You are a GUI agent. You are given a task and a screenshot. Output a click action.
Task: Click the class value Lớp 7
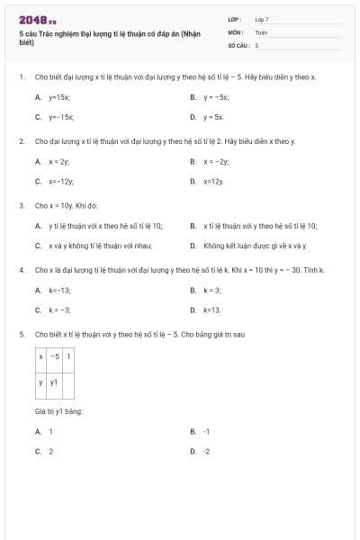click(x=262, y=19)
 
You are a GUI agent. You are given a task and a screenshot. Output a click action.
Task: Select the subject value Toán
click(x=261, y=31)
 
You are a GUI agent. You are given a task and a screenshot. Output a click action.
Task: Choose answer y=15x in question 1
click(x=59, y=96)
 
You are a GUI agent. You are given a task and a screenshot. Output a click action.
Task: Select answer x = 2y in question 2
click(x=59, y=161)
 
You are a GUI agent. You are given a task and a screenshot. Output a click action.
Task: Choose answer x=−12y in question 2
click(x=61, y=181)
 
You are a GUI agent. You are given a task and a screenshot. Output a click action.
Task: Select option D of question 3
click(x=255, y=245)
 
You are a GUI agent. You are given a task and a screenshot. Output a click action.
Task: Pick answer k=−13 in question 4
click(x=59, y=290)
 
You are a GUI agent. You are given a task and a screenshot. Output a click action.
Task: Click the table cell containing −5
click(x=54, y=356)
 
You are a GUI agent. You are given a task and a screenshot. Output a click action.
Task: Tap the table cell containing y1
click(x=54, y=383)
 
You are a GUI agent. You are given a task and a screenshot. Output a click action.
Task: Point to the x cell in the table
click(x=40, y=356)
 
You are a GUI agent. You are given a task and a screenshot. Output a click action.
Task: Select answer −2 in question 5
click(x=207, y=451)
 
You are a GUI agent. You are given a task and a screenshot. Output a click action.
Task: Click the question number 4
click(x=21, y=270)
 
